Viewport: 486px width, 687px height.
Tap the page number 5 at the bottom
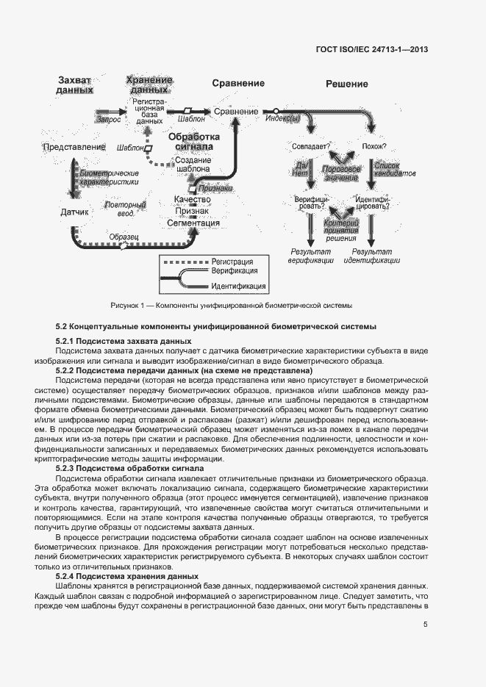426,625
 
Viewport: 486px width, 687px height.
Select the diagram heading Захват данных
75,85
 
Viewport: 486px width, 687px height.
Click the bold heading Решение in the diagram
347,84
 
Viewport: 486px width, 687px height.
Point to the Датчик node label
74,212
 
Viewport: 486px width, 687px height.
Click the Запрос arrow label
108,118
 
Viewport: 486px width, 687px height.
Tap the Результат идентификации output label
372,256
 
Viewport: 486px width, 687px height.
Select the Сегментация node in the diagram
193,223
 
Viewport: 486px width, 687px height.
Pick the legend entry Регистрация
232,261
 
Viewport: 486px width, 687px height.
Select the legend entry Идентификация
237,286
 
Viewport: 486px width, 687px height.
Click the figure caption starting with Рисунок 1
231,305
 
